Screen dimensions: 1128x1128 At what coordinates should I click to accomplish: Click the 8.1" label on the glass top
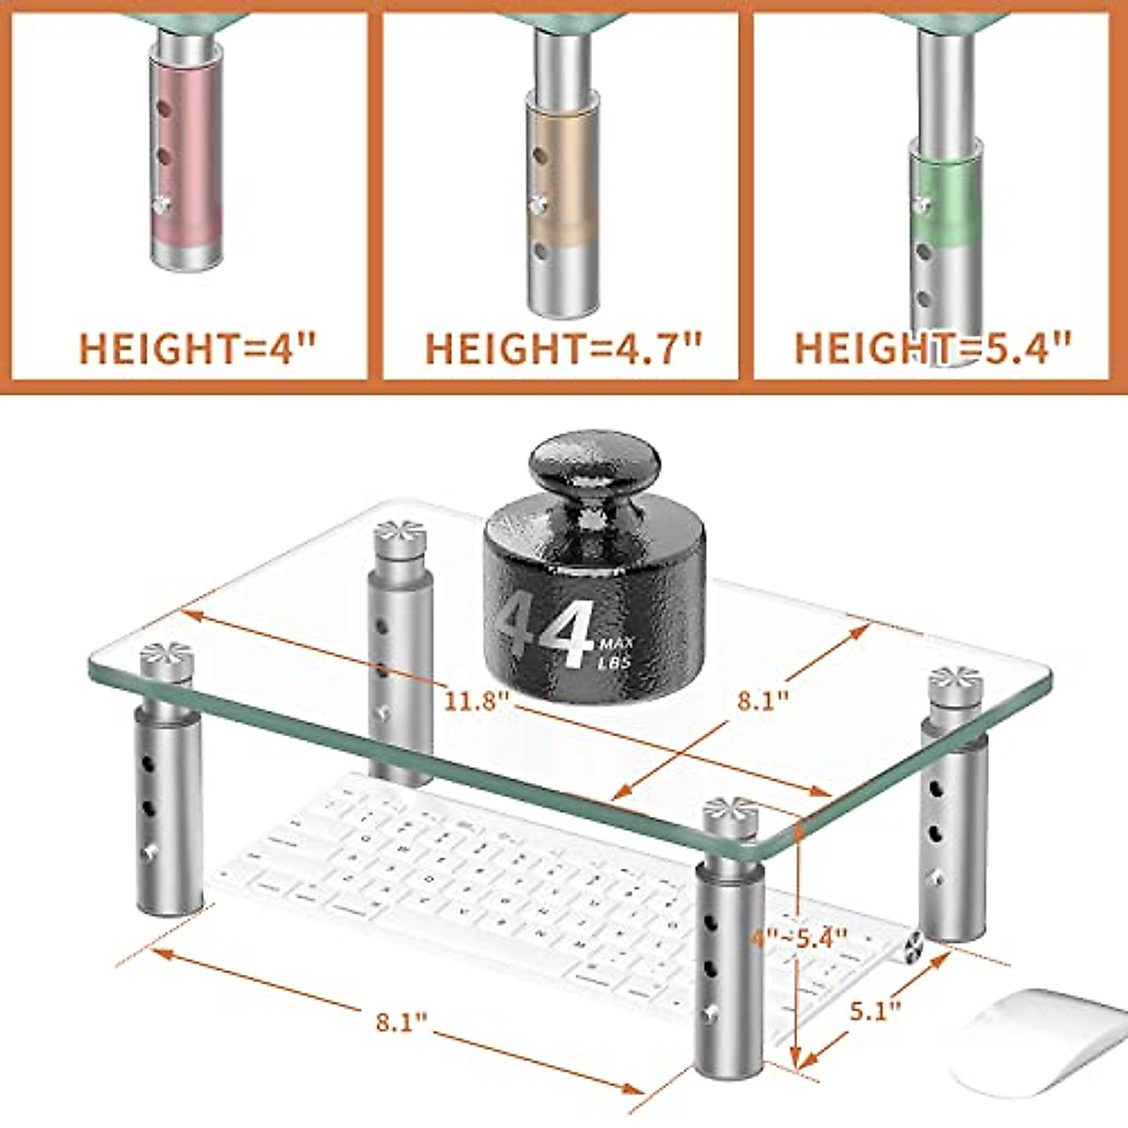point(760,701)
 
